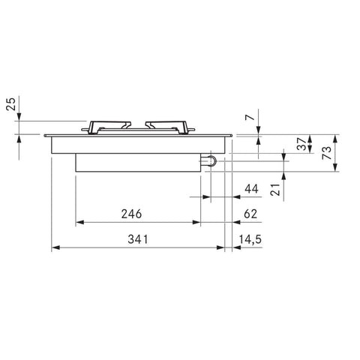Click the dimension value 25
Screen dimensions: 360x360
click(11, 103)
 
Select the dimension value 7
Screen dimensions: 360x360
click(250, 117)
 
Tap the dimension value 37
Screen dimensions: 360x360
click(301, 144)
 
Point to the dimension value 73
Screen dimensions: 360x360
click(327, 153)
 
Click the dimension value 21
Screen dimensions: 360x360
click(275, 190)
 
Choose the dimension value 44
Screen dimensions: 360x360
click(251, 189)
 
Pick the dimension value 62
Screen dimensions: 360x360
click(250, 214)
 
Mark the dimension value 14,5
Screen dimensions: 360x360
click(250, 239)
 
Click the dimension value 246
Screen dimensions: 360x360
click(131, 214)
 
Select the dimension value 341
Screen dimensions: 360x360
click(138, 239)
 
